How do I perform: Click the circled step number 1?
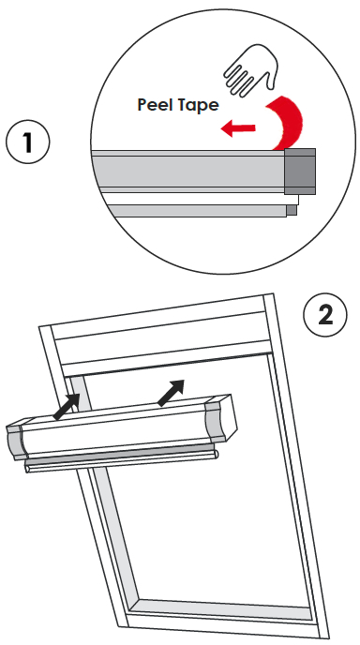click(x=28, y=143)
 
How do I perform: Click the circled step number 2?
click(x=325, y=314)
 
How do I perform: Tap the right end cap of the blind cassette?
click(x=224, y=416)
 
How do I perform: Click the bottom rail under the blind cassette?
click(x=122, y=461)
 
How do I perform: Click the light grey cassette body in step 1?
click(x=187, y=172)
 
